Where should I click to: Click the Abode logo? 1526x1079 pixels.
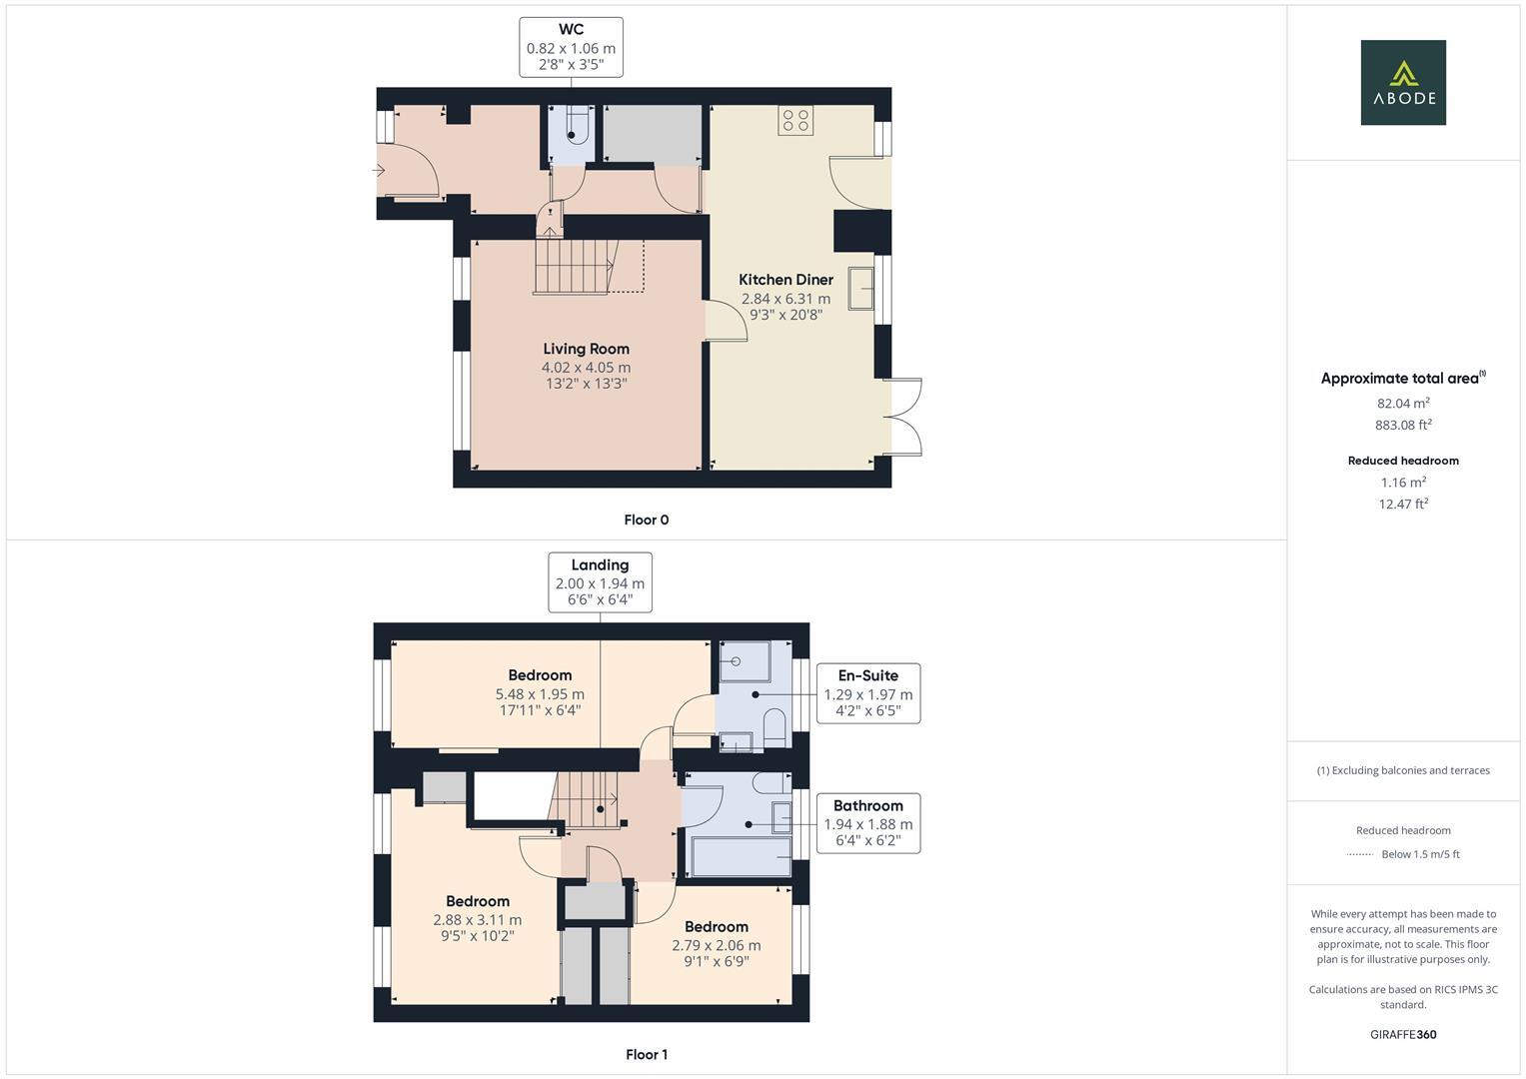(x=1402, y=82)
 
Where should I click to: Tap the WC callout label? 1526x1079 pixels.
(x=571, y=47)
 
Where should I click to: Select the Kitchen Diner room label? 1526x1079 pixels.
(x=785, y=280)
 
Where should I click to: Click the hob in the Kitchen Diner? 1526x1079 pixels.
(x=795, y=120)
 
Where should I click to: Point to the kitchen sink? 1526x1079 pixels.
(x=860, y=288)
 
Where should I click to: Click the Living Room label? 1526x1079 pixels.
(x=586, y=349)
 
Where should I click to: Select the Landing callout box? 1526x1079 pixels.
(x=600, y=581)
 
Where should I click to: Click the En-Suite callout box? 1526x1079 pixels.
(x=867, y=692)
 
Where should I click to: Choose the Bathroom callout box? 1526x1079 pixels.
(x=867, y=822)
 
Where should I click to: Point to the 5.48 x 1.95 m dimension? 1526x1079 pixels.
(x=540, y=694)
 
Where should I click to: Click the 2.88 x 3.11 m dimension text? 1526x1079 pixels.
(x=477, y=920)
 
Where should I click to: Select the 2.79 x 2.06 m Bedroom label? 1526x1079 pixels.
(x=716, y=926)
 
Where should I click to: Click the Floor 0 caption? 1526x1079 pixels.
(x=646, y=520)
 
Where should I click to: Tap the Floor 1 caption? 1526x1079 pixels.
(x=646, y=1054)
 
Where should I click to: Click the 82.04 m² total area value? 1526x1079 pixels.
(x=1402, y=404)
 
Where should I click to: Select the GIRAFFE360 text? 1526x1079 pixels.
(x=1402, y=1034)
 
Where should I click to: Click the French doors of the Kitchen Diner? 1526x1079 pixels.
(x=904, y=418)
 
